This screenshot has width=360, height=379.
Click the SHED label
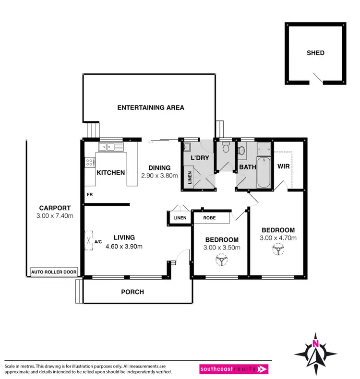[x=315, y=53]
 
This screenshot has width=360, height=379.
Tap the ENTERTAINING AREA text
[x=151, y=108]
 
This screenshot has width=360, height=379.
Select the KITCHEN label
[x=111, y=173]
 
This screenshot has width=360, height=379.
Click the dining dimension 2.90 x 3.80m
[x=159, y=176]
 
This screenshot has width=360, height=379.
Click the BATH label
[x=248, y=167]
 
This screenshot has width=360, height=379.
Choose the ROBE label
[x=209, y=218]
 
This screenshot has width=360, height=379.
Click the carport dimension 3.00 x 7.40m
[x=55, y=216]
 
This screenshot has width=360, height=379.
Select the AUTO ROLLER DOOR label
[x=54, y=272]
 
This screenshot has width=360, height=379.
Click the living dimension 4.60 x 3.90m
[x=124, y=247]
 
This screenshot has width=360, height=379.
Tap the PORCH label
[x=132, y=292]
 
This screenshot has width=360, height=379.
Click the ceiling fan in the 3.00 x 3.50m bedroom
[x=221, y=260]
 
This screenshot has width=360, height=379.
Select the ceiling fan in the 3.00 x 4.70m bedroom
[x=277, y=249]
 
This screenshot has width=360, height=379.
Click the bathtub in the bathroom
[x=264, y=172]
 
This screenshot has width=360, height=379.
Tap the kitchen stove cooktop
[x=89, y=163]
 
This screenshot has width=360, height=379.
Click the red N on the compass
[x=315, y=343]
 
